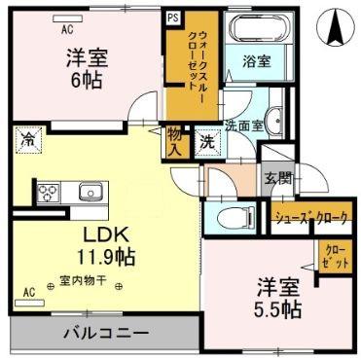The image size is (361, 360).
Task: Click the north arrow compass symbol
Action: tap(337, 25)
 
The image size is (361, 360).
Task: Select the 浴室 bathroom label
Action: tap(257, 60)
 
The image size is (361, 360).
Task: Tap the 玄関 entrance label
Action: tap(278, 178)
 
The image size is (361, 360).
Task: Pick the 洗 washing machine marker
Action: tap(208, 139)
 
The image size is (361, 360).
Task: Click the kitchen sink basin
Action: tap(91, 191)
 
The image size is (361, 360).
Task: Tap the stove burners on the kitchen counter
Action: tap(49, 193)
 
